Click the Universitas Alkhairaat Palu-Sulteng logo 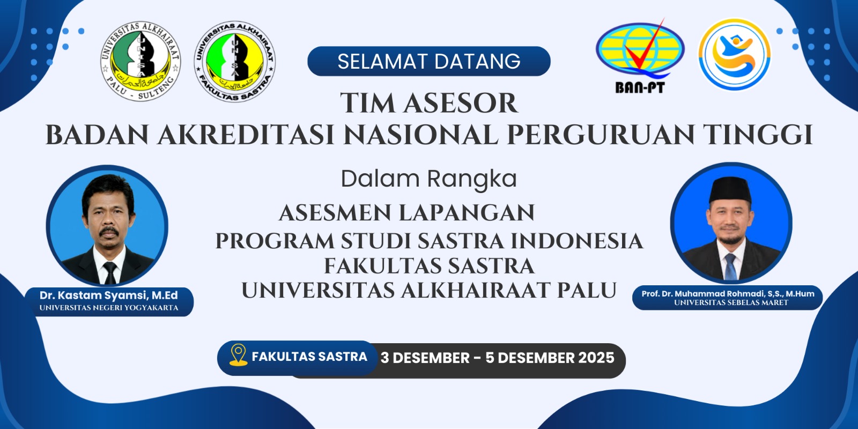[140, 61]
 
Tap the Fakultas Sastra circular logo [235, 61]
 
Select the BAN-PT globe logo [640, 56]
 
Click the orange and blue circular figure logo [734, 54]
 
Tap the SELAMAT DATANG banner [429, 61]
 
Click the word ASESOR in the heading [461, 103]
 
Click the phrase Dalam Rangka [429, 179]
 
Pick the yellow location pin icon [238, 354]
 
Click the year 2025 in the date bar [596, 358]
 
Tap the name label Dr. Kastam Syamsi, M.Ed [109, 295]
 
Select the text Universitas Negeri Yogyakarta [109, 308]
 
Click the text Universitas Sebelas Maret [731, 302]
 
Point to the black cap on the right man [730, 189]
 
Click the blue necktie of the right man [730, 266]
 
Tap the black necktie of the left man [110, 273]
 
